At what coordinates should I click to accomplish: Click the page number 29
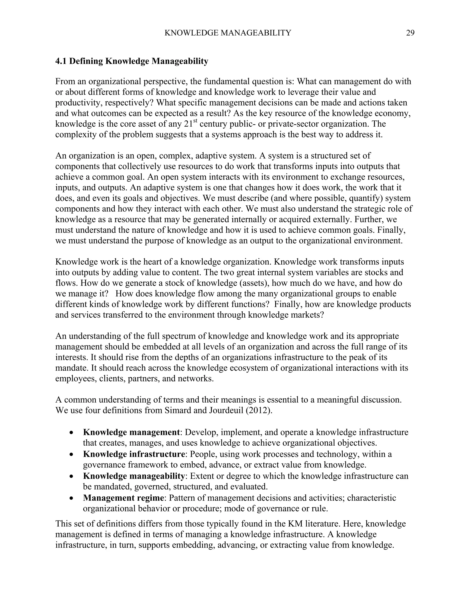410,33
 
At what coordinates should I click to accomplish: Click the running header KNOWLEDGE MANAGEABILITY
227,33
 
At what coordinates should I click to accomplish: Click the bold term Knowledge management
131,432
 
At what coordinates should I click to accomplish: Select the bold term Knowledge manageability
134,476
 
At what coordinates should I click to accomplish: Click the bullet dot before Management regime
72,498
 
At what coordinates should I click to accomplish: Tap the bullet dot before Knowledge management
72,433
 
